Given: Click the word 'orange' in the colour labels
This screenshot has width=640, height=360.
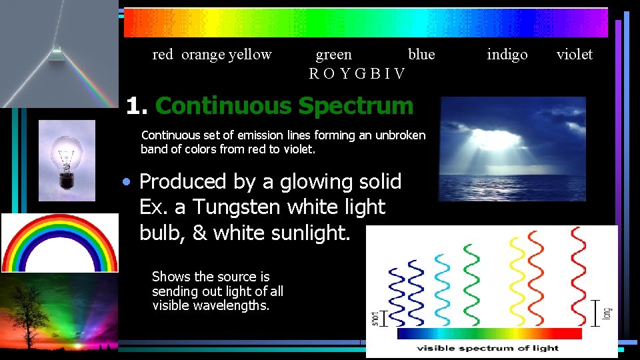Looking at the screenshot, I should pos(203,55).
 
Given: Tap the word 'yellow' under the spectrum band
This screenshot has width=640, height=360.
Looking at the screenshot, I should pos(250,55).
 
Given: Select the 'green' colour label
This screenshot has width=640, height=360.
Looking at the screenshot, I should pos(333,55).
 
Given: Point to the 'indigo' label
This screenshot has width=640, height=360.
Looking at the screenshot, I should pos(507,55).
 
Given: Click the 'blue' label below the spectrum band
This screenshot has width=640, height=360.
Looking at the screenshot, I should pos(421,55).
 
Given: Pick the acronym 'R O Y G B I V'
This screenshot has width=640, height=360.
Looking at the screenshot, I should pos(357,73).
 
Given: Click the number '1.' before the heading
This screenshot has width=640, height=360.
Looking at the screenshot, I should pos(137,106).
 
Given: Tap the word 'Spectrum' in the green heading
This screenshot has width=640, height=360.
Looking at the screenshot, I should pos(356,106).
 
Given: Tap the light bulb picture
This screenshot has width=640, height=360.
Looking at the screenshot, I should pos(67,160).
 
